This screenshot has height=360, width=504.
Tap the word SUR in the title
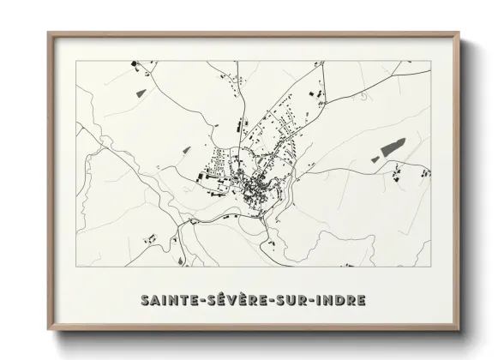288,300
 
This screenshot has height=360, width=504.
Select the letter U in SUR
288,300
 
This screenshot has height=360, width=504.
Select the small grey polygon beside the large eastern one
375,159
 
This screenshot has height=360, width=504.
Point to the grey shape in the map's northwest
141,88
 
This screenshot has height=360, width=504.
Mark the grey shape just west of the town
185,150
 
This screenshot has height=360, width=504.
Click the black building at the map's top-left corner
134,63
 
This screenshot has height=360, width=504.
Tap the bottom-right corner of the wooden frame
459,330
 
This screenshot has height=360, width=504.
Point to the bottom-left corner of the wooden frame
49,330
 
